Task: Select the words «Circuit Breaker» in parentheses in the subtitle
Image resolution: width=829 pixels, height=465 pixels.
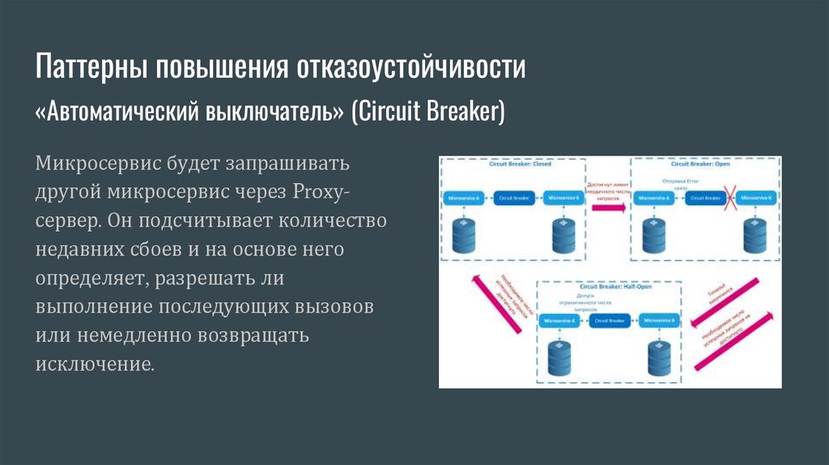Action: click(x=427, y=111)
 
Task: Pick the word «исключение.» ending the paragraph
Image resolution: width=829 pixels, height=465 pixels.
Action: click(x=94, y=362)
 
